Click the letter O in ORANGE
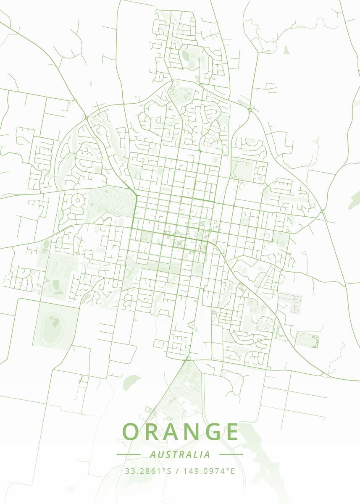pyautogui.click(x=132, y=431)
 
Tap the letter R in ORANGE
pyautogui.click(x=154, y=431)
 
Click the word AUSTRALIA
pyautogui.click(x=180, y=454)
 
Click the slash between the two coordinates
pyautogui.click(x=178, y=471)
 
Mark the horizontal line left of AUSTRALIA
pyautogui.click(x=128, y=454)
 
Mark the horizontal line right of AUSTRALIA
pyautogui.click(x=231, y=454)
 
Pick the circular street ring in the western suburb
pyautogui.click(x=77, y=199)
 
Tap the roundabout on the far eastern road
pyautogui.click(x=322, y=211)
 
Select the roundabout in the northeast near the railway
pyautogui.click(x=250, y=110)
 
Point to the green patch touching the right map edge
pyautogui.click(x=355, y=200)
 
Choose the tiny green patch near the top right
pyautogui.click(x=286, y=50)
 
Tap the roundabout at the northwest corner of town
pyautogui.click(x=86, y=117)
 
